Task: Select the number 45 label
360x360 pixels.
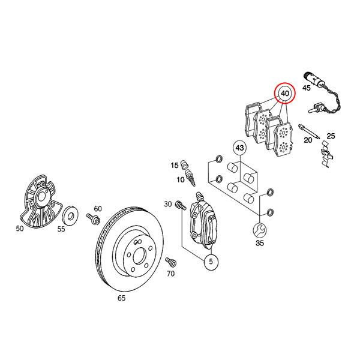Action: (x=307, y=88)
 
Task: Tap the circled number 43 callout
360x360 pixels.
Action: (x=239, y=147)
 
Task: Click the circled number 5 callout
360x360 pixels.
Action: (x=211, y=262)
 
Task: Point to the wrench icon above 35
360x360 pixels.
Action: (x=259, y=229)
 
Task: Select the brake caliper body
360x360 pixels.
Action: (x=203, y=224)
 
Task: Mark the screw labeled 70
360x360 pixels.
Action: (x=169, y=262)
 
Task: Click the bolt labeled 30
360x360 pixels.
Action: (x=179, y=207)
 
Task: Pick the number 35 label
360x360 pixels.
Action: (x=259, y=244)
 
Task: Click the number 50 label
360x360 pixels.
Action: (x=20, y=228)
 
